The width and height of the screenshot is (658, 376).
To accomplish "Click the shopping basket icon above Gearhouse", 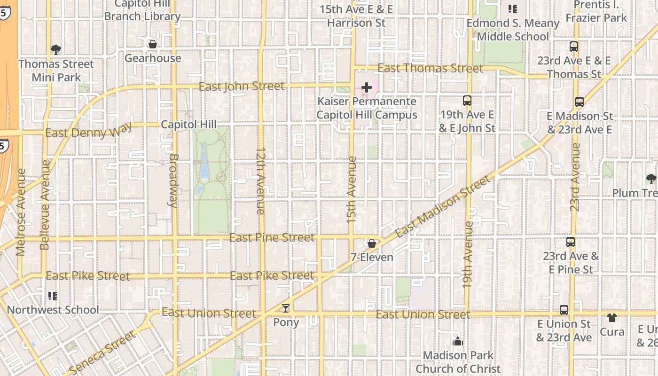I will [152, 44].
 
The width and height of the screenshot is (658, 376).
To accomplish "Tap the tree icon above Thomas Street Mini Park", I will [56, 49].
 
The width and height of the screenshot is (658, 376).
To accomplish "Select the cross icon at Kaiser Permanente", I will [366, 87].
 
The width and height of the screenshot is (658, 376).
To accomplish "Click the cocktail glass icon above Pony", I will [285, 308].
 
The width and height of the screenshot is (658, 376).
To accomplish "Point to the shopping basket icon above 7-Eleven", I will [371, 243].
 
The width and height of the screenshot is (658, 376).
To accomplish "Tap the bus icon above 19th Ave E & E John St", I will [467, 100].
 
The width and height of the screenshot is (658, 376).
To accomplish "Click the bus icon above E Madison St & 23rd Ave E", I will [580, 102].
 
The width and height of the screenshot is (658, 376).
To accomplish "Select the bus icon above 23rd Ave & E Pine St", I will [571, 242].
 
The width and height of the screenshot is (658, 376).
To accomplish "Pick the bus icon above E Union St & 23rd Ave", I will [564, 310].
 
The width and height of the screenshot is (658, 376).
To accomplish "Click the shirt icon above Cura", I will [611, 318].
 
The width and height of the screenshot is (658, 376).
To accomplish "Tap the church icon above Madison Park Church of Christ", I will [457, 341].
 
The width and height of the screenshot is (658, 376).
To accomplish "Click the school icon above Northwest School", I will [52, 296].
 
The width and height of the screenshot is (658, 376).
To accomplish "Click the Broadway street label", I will [172, 180].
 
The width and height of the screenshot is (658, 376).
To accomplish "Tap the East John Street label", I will [242, 86].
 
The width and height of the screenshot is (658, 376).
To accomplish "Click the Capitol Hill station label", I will [188, 125].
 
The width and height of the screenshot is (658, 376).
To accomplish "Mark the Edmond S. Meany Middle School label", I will [512, 30].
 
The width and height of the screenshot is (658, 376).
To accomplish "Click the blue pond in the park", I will [204, 161].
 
